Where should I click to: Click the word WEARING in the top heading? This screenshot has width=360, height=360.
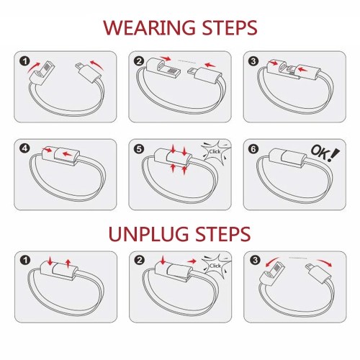tap(149, 27)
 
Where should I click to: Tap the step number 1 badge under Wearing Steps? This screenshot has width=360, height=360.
tap(25, 61)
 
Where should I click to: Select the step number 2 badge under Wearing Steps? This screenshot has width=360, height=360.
tap(140, 61)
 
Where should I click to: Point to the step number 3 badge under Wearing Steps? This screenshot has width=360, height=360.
tap(253, 61)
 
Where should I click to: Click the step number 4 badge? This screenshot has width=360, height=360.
tap(25, 149)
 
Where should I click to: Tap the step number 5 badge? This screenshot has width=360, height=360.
tap(140, 149)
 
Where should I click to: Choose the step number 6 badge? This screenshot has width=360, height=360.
tap(253, 149)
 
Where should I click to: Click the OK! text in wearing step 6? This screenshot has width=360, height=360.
tap(325, 153)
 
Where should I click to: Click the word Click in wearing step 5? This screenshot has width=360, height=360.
tap(215, 152)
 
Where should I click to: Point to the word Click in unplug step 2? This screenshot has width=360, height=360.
tap(215, 266)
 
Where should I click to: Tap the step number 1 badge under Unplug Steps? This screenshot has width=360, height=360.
tap(25, 261)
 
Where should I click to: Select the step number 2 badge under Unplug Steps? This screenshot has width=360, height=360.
tap(140, 261)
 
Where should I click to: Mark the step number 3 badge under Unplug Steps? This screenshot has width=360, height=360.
tap(254, 261)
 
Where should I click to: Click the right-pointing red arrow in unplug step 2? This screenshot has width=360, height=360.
tap(192, 261)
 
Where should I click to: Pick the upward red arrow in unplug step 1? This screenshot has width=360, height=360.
tap(68, 264)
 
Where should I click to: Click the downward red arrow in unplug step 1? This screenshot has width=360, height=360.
tap(50, 261)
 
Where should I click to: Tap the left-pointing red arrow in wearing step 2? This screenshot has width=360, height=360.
tap(210, 65)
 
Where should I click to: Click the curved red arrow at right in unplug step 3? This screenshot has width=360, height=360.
tap(325, 262)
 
